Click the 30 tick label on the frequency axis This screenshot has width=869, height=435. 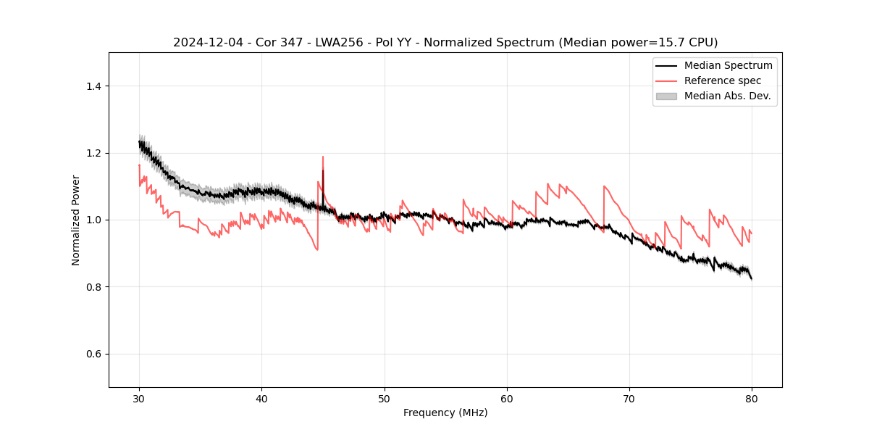(x=139, y=399)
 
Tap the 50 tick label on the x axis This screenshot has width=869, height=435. (x=385, y=399)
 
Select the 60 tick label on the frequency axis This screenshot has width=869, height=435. (x=507, y=399)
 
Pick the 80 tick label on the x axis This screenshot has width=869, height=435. (x=752, y=399)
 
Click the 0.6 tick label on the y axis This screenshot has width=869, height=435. (x=94, y=354)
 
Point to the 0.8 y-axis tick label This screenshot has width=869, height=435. (x=94, y=287)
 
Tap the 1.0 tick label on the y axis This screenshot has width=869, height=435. (x=94, y=220)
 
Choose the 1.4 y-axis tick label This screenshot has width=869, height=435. (x=94, y=86)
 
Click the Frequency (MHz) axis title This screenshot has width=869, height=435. (x=445, y=413)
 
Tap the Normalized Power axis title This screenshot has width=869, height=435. (x=76, y=220)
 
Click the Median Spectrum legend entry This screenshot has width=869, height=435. (x=728, y=65)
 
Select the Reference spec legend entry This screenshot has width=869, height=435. (x=722, y=80)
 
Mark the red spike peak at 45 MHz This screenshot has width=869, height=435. (x=323, y=157)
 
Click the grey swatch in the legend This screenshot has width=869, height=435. (x=666, y=96)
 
